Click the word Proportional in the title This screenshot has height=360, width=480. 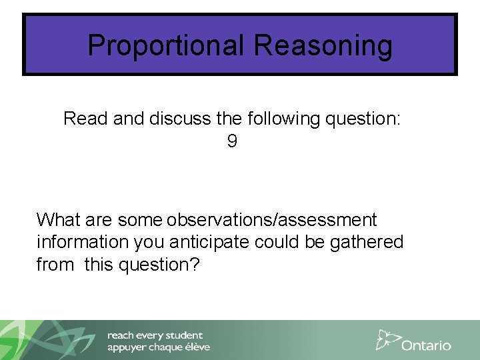click(x=167, y=46)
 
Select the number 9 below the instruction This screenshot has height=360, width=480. click(x=232, y=141)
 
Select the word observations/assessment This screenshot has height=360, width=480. click(x=272, y=220)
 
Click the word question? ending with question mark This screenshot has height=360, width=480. click(x=159, y=265)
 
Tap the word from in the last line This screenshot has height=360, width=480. click(x=55, y=265)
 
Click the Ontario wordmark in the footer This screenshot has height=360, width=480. click(x=426, y=345)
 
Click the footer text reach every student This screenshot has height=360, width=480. click(x=155, y=335)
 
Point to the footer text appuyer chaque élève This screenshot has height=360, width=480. click(x=159, y=347)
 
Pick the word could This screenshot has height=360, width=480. click(x=279, y=242)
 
